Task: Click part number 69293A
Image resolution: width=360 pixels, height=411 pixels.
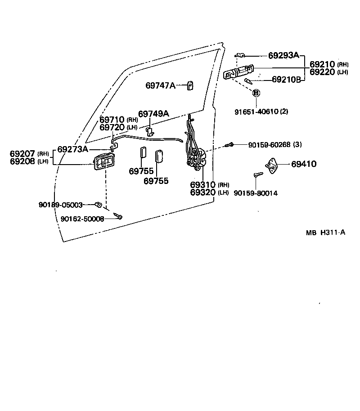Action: tap(283, 55)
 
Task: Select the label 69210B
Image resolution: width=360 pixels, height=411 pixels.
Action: tap(286, 80)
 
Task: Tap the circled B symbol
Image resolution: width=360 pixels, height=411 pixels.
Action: tap(256, 93)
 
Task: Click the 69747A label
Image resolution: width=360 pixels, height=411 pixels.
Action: tap(160, 85)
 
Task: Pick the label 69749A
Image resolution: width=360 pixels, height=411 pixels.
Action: tap(153, 114)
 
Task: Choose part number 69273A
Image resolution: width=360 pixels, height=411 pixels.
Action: tap(73, 149)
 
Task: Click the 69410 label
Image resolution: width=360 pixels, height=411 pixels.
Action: tap(303, 165)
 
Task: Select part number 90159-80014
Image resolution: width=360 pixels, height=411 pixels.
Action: tap(256, 193)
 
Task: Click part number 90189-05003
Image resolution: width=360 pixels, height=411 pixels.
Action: tap(60, 205)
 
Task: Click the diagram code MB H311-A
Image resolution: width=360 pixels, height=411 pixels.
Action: tap(326, 233)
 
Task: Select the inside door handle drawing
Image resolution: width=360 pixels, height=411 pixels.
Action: tap(104, 162)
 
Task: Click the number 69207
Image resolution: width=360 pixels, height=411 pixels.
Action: tap(22, 154)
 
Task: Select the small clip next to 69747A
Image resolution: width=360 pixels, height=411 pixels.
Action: tap(190, 85)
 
